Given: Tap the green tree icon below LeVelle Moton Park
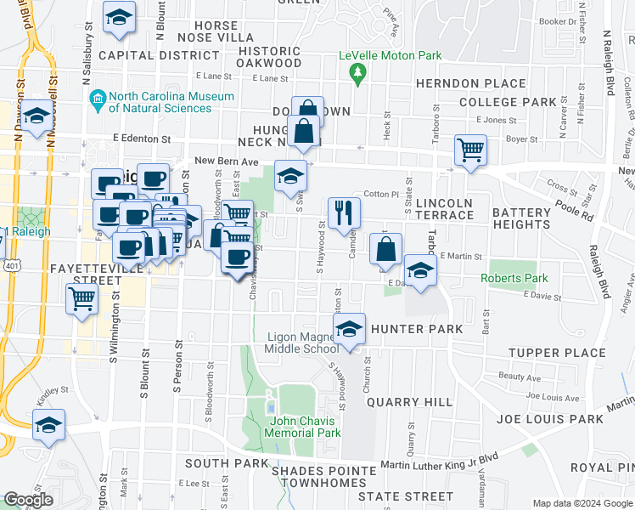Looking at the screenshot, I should [x=357, y=74].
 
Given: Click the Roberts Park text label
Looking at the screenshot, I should [x=514, y=278].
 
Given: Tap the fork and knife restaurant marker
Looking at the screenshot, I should [x=344, y=212].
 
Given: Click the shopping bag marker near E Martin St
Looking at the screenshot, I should [x=385, y=248].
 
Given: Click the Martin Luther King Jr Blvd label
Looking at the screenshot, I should [x=439, y=463].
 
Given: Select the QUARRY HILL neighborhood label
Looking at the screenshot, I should [x=404, y=402].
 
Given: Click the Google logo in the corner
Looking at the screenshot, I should [x=28, y=500].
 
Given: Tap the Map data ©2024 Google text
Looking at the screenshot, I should [x=582, y=503].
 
